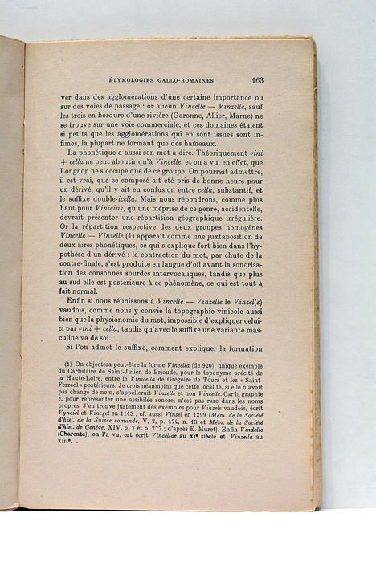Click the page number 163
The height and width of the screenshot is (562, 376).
[257, 80]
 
